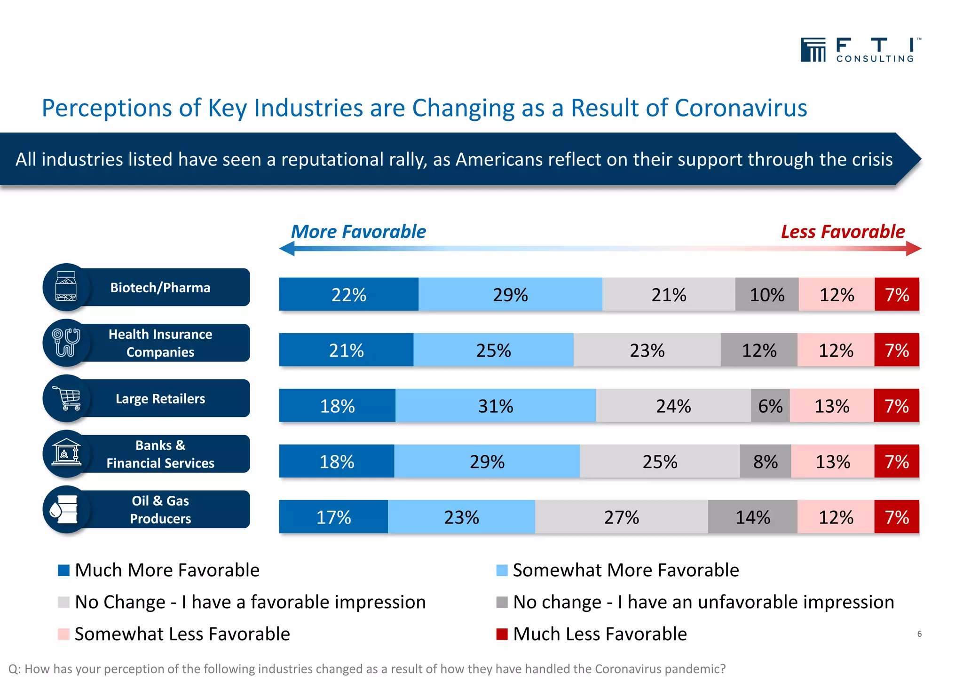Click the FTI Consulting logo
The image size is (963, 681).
(x=860, y=50)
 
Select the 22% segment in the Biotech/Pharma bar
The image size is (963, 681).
(x=348, y=295)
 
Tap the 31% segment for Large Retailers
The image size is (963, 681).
(x=496, y=406)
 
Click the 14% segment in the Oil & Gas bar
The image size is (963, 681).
(x=752, y=517)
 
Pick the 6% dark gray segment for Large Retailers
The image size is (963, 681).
(x=770, y=406)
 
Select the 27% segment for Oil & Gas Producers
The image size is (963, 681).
(x=621, y=517)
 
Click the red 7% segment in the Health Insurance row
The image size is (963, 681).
(x=897, y=350)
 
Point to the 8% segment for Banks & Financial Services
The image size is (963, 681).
(x=765, y=461)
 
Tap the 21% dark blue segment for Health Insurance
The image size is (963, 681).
(x=346, y=350)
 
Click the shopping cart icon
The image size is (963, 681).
(x=67, y=399)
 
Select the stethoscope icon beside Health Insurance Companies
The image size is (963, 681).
(x=66, y=343)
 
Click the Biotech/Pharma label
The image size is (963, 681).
(x=160, y=288)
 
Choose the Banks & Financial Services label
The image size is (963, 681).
(x=160, y=454)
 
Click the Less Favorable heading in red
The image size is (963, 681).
(x=843, y=232)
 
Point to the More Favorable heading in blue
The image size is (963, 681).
(x=358, y=232)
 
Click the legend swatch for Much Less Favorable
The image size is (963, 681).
(x=502, y=634)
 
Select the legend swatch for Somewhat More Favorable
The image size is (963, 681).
(x=502, y=570)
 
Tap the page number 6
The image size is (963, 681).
(x=919, y=634)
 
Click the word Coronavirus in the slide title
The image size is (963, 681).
(x=741, y=108)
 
